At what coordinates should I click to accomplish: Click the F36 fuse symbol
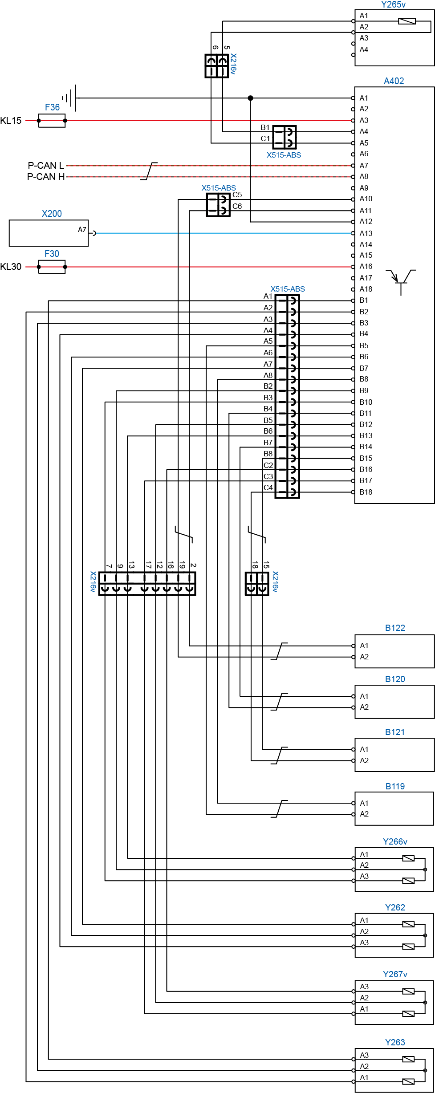[x=52, y=121]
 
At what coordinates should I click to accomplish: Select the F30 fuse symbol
[x=52, y=267]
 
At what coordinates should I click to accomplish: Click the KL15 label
[x=11, y=121]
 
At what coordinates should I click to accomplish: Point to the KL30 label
[x=11, y=267]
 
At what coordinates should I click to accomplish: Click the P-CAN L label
[x=46, y=166]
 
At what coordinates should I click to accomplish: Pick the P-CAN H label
[x=46, y=177]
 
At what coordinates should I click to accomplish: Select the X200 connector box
[x=49, y=233]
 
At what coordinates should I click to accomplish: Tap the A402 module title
[x=394, y=81]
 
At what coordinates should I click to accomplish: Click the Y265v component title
[x=394, y=5]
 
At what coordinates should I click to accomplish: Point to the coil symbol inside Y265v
[x=407, y=21]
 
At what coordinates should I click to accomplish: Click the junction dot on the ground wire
[x=251, y=98]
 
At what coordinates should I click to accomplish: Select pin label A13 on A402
[x=366, y=233]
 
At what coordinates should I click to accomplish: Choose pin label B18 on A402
[x=366, y=492]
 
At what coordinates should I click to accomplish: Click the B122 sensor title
[x=395, y=628]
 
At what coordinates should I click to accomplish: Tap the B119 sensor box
[x=394, y=809]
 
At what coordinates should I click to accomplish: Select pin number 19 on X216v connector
[x=182, y=565]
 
